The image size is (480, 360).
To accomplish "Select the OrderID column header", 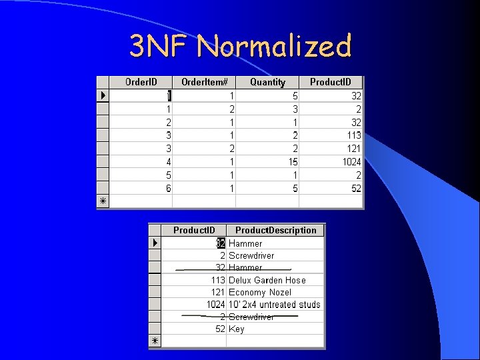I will click(141, 82).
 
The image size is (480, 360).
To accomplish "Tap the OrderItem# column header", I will click(205, 82).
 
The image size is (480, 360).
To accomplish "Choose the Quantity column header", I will click(267, 82).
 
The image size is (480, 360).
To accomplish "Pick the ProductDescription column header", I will click(275, 230).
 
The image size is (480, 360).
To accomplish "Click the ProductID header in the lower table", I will click(193, 230).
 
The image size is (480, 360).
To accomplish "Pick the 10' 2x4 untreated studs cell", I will click(274, 305).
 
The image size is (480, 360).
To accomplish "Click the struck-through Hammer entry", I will click(245, 268).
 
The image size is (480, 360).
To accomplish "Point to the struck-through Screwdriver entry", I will click(251, 317).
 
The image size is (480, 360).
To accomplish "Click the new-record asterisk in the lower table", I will click(154, 341).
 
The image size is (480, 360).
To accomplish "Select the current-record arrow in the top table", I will click(103, 96).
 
